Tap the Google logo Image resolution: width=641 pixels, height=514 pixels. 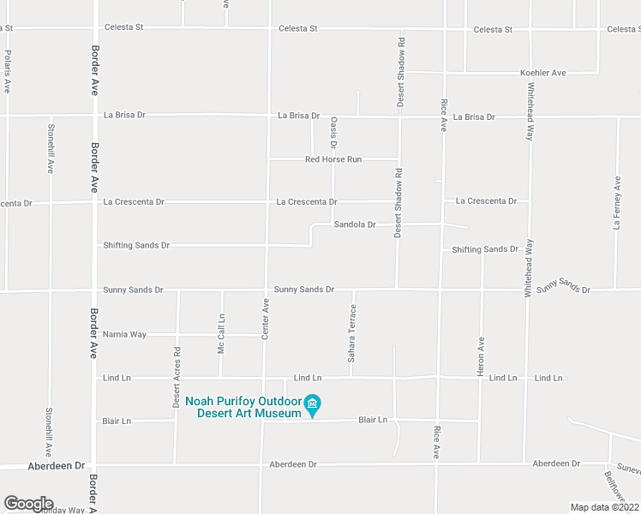[28, 504]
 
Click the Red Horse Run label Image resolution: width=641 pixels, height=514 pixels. [334, 159]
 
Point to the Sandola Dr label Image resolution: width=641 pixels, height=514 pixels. [355, 224]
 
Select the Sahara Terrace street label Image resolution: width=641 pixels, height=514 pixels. [351, 332]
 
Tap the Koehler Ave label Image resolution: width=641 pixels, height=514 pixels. [543, 73]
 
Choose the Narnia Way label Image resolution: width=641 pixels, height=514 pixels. [124, 334]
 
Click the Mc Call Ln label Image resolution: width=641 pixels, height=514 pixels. [221, 334]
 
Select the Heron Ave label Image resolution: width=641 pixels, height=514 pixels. [481, 353]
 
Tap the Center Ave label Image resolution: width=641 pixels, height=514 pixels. [266, 319]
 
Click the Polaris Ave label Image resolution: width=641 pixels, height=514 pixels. [7, 71]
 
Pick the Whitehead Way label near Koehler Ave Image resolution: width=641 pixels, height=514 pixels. [530, 111]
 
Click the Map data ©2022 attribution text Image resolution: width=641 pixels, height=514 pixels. [604, 507]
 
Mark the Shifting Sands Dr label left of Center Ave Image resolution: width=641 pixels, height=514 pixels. [136, 245]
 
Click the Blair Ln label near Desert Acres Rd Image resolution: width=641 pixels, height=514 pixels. [117, 421]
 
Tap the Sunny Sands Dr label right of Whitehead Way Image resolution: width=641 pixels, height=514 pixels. [563, 286]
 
